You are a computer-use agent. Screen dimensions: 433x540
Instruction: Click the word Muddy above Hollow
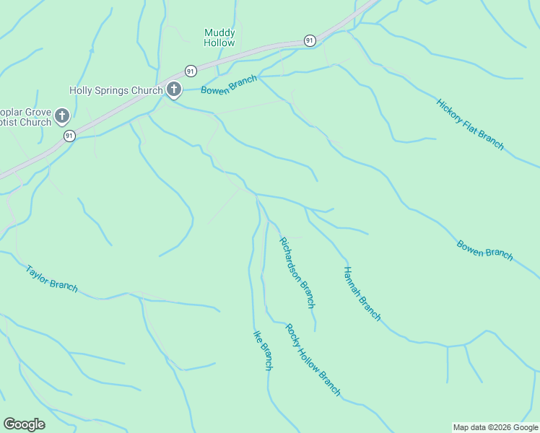click(219, 32)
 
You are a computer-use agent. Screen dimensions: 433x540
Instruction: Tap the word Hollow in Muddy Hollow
click(219, 43)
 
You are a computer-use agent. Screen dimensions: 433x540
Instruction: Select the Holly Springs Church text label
click(115, 90)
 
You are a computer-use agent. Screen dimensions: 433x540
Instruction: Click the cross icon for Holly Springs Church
click(174, 90)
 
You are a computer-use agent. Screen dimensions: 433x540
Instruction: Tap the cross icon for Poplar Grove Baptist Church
click(62, 115)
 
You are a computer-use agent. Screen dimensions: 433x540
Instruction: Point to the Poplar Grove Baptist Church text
click(25, 117)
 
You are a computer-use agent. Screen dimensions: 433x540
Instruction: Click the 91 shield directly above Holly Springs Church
click(191, 71)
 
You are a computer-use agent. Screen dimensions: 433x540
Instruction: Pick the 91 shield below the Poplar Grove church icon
click(69, 136)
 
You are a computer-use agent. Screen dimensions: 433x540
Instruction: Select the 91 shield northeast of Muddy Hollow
click(310, 40)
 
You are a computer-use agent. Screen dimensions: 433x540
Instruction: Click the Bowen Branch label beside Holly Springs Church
click(229, 85)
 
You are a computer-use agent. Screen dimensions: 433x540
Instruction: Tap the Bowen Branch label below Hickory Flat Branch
click(485, 250)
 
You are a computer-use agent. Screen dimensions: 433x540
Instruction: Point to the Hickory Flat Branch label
click(470, 124)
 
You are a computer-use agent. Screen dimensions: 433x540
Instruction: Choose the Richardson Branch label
click(297, 273)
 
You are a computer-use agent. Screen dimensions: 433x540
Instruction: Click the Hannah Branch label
click(362, 293)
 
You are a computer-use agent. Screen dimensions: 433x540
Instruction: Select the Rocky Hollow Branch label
click(313, 359)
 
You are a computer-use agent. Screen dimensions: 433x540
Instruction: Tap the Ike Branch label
click(262, 350)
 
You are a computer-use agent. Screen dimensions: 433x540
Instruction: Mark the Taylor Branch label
click(51, 279)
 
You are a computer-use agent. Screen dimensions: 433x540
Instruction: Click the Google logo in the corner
click(24, 424)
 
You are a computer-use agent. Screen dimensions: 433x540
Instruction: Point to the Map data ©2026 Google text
click(495, 427)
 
